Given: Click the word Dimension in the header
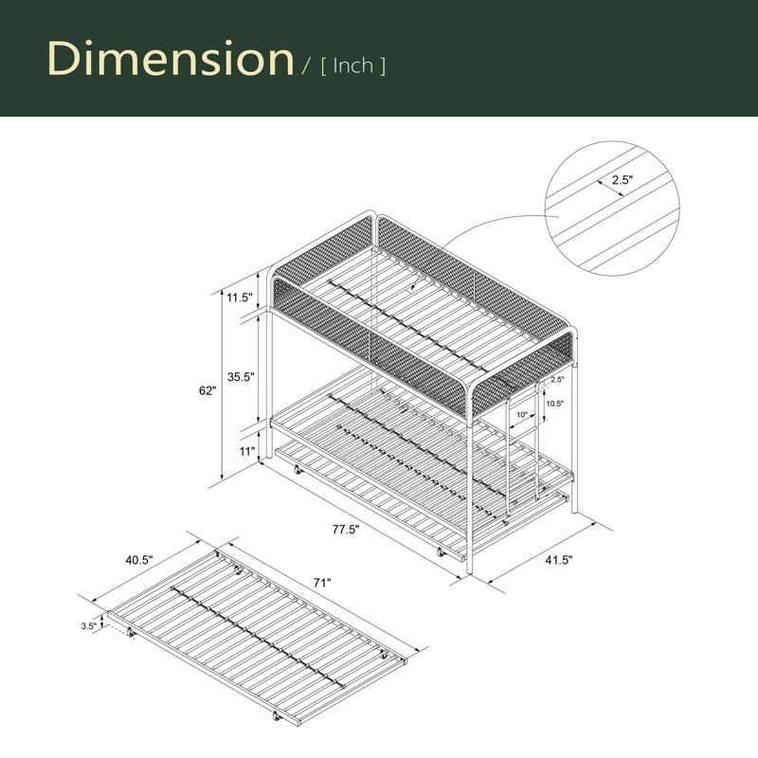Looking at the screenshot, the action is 171,58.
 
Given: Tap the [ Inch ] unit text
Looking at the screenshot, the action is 353,66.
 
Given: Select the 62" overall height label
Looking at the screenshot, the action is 208,390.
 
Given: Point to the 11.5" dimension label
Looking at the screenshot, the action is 241,298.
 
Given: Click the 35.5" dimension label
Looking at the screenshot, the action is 241,376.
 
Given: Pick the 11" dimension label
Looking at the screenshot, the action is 247,451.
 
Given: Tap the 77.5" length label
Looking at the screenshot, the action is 346,530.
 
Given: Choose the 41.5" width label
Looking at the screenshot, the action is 559,560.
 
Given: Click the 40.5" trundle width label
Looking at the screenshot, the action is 139,560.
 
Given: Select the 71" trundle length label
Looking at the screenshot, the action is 322,583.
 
